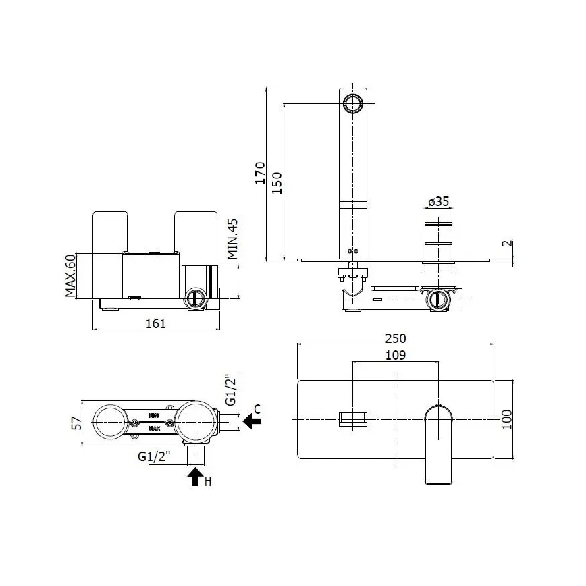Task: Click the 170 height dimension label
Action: (259, 174)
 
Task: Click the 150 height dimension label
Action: (277, 182)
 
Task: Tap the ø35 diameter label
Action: (438, 201)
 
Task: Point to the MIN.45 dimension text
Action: (232, 238)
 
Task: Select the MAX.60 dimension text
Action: (70, 275)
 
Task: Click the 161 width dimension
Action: (155, 323)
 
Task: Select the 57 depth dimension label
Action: (76, 423)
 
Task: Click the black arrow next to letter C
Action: (252, 422)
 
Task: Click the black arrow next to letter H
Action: (195, 477)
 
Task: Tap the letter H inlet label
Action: (209, 481)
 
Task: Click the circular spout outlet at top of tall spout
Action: (352, 103)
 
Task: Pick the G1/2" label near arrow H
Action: (154, 457)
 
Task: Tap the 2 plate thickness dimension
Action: (507, 245)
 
